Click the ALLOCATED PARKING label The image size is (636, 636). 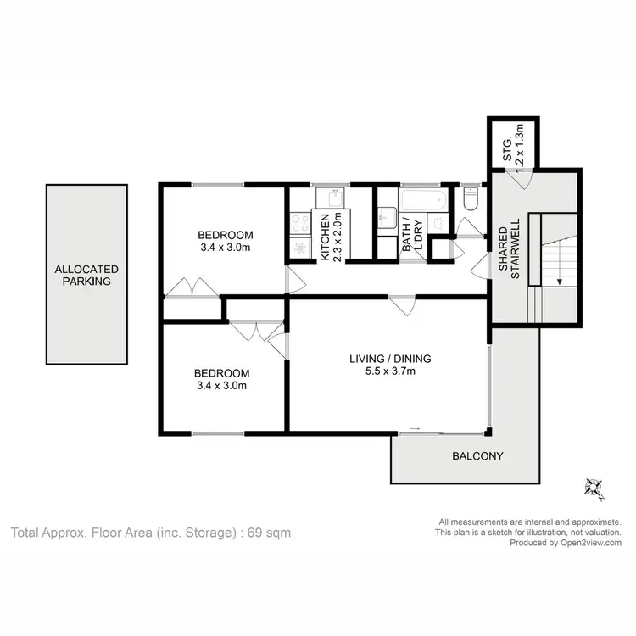[x=86, y=275]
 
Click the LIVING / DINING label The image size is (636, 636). [x=388, y=358]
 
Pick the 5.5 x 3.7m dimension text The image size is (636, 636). [x=388, y=371]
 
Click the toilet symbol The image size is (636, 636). [x=471, y=199]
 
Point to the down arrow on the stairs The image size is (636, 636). [x=559, y=282]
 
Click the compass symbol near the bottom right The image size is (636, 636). [x=591, y=487]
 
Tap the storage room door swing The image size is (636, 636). [x=519, y=176]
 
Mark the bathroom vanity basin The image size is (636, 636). [x=386, y=218]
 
